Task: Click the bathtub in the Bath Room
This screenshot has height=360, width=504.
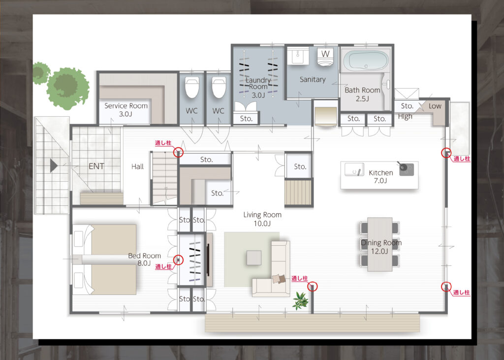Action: pos(366,61)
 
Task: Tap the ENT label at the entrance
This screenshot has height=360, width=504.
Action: pos(96,166)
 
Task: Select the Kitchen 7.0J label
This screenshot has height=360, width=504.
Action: pos(380,177)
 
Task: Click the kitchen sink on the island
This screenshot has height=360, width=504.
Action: pos(354,169)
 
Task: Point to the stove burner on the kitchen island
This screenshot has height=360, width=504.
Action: pos(406,169)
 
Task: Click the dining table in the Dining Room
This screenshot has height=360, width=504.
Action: pos(379,244)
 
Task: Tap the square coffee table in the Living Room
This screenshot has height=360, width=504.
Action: pos(254,258)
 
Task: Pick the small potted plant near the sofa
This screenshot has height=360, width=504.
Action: pos(300,300)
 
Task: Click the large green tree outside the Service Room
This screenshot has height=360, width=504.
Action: pos(67,88)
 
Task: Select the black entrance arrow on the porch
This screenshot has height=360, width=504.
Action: pos(53,166)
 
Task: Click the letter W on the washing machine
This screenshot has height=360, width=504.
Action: pos(325,54)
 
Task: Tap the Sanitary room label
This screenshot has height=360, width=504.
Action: pos(313,79)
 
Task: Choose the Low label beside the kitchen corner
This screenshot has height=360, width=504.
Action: pos(435,106)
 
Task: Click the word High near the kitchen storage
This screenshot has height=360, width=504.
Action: pos(405,116)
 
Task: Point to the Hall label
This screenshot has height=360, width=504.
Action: pos(138,166)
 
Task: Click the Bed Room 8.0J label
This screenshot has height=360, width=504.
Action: pos(144,260)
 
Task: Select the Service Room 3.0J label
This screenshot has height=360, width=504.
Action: pos(126,110)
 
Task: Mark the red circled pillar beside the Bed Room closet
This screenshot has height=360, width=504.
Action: pos(178,260)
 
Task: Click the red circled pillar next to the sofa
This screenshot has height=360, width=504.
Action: pos(313,286)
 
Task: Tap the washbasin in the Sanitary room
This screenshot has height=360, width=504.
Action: pos(298,56)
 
